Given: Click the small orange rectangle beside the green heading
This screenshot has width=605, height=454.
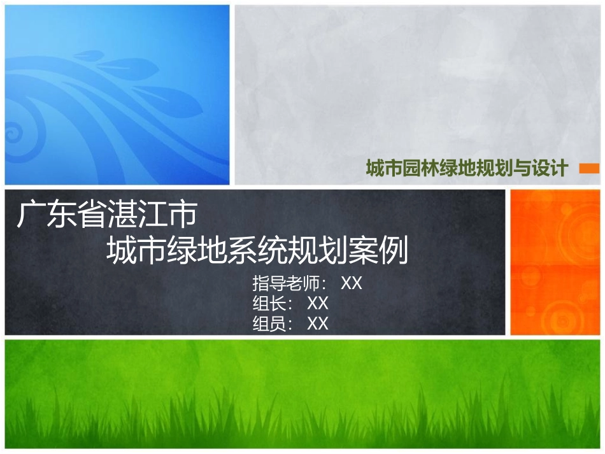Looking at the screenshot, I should pyautogui.click(x=589, y=168).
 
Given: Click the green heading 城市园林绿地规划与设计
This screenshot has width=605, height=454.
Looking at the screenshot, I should pyautogui.click(x=467, y=168).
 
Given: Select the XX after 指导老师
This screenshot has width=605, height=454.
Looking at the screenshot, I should pyautogui.click(x=352, y=283).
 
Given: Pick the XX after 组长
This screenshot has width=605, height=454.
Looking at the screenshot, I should pyautogui.click(x=317, y=303).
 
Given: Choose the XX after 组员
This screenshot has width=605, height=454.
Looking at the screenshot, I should pyautogui.click(x=317, y=323).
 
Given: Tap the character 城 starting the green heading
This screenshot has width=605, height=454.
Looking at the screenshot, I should pyautogui.click(x=374, y=168).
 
